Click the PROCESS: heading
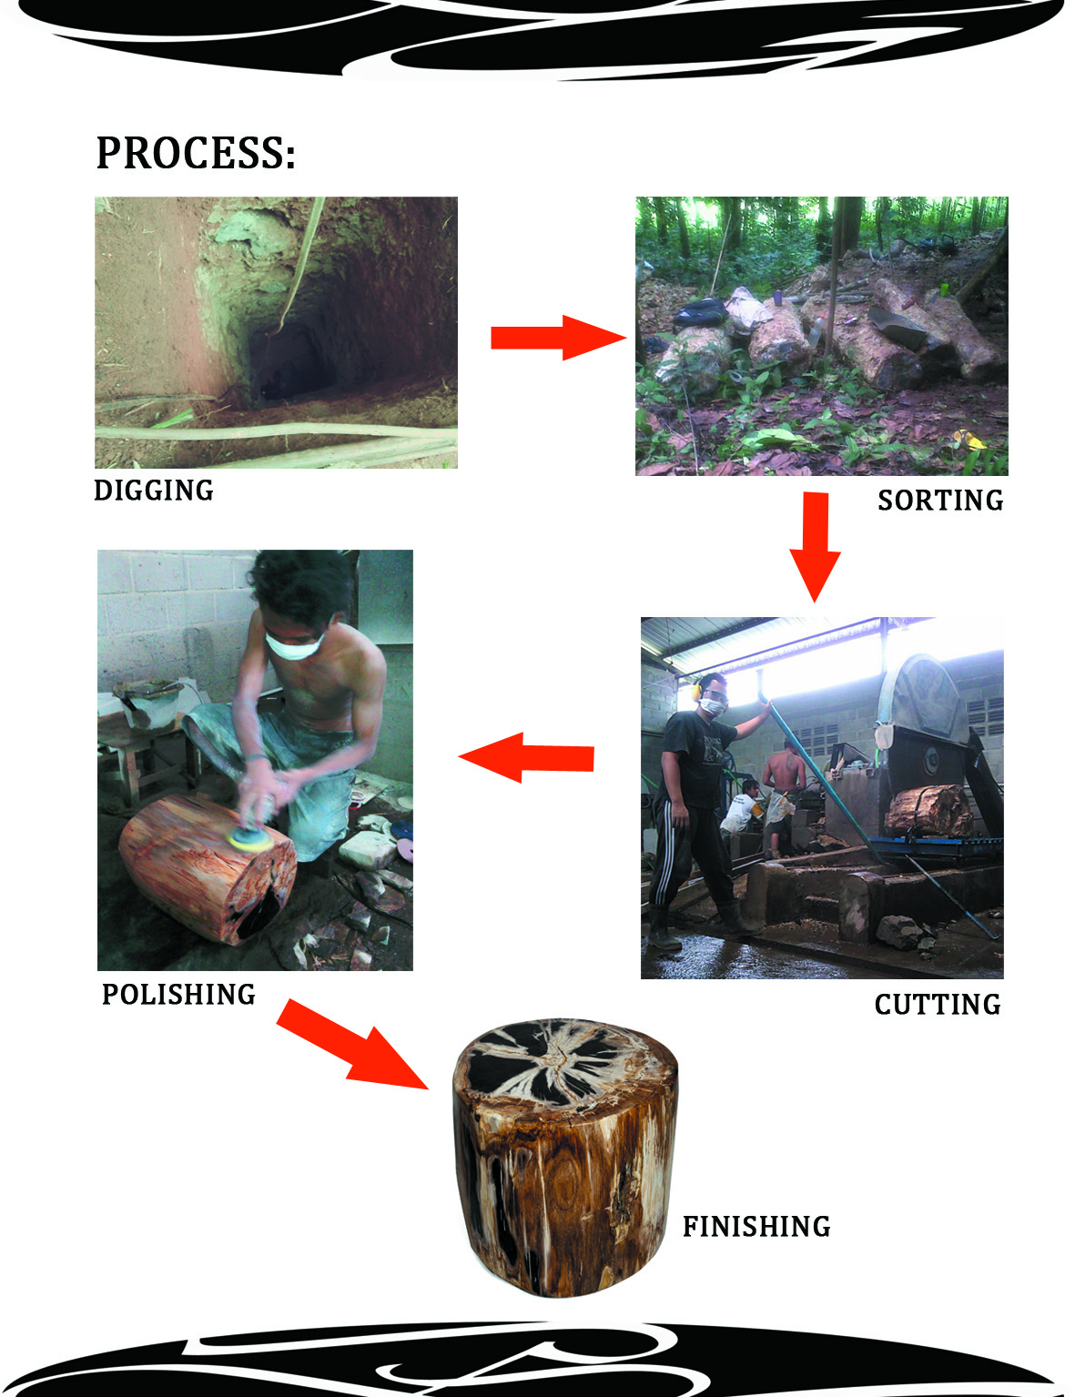coord(196,153)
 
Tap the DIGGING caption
coord(154,491)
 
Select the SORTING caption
coord(939,501)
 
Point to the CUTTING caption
coord(937,1005)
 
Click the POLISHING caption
coord(178,995)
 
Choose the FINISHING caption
coord(756,1227)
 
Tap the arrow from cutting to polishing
coord(527,756)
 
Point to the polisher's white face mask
coord(294,645)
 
